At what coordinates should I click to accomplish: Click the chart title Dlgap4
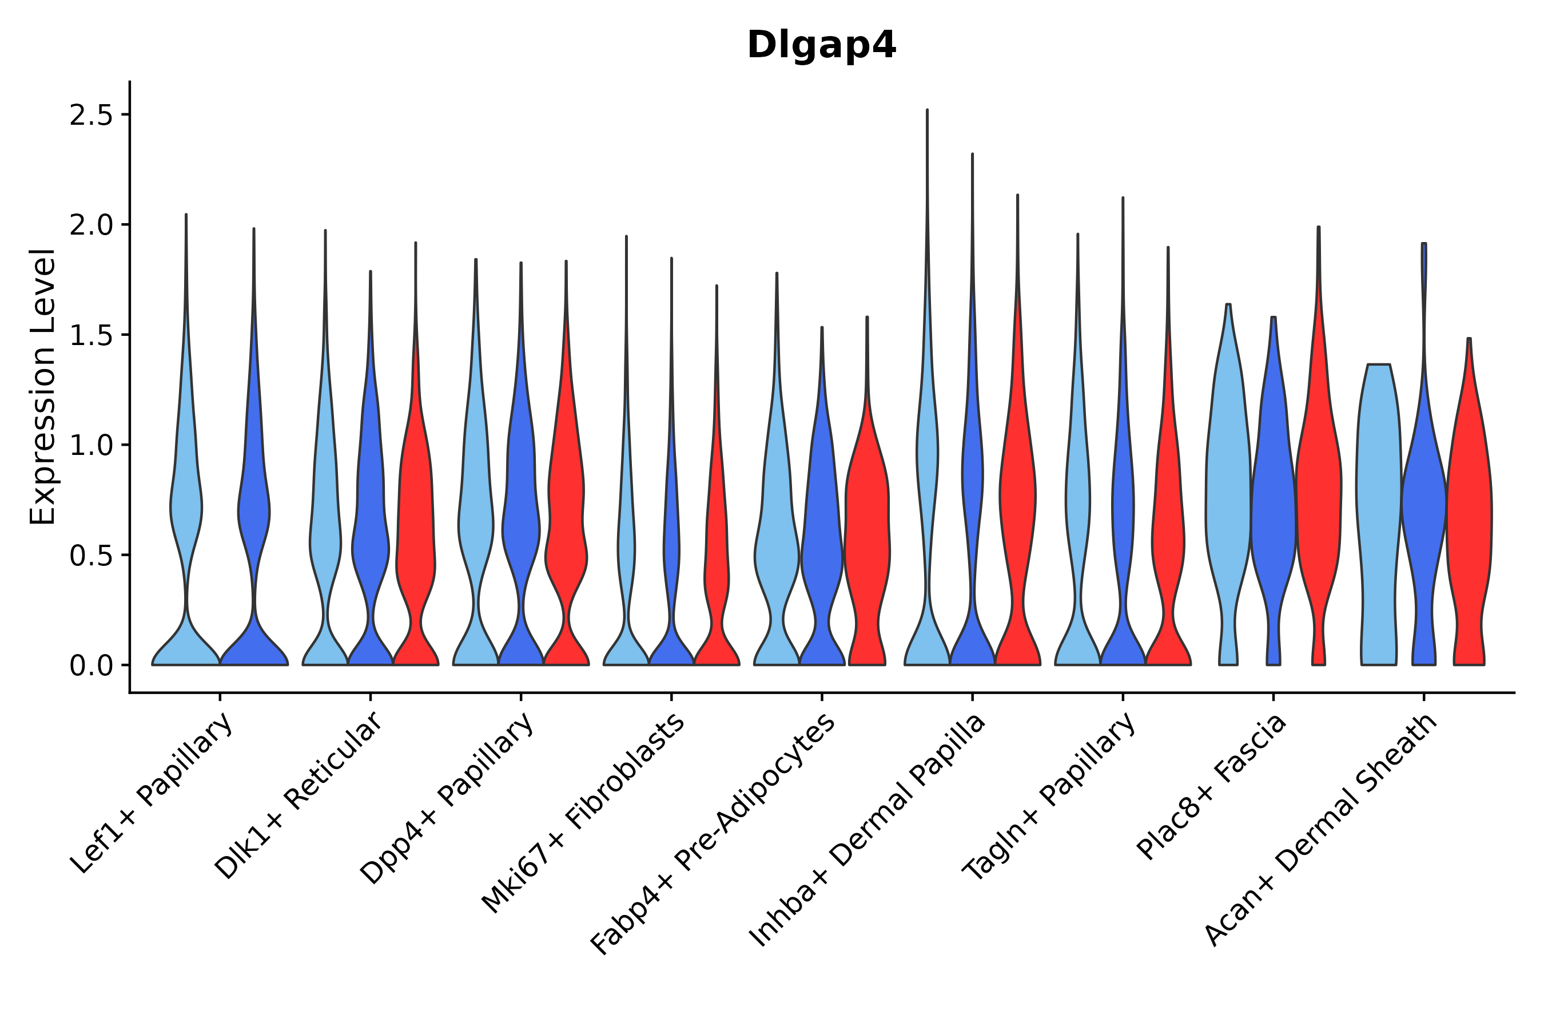[x=821, y=46]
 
